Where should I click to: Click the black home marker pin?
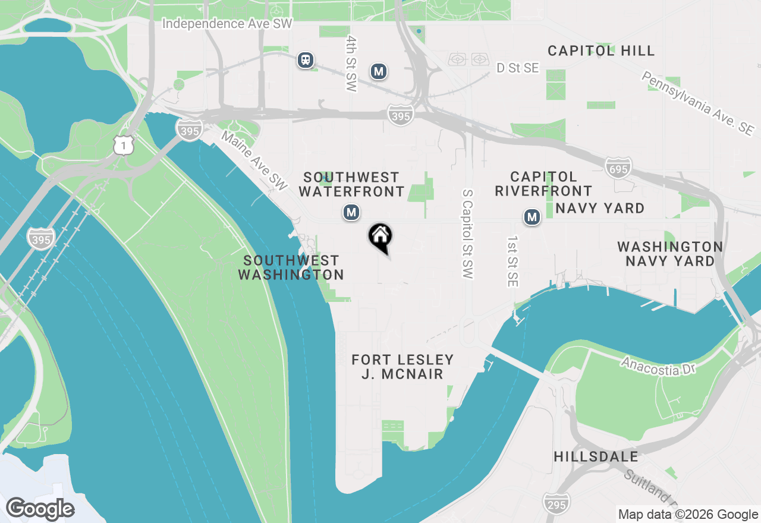[x=380, y=237]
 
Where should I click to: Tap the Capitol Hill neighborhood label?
[x=601, y=51]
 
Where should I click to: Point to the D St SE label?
[x=518, y=68]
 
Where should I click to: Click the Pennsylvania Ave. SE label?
[x=696, y=104]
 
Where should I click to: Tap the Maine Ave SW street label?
[x=254, y=161]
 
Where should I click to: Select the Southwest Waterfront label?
[x=351, y=184]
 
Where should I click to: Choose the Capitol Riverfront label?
[x=543, y=184]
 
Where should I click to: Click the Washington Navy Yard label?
[x=670, y=254]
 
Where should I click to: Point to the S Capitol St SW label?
[x=467, y=235]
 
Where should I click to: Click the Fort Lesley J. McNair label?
[x=402, y=367]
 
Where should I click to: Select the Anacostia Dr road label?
[x=658, y=366]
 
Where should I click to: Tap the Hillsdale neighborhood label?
[x=596, y=456]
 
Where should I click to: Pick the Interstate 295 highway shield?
[x=556, y=503]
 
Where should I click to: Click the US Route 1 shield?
[x=124, y=144]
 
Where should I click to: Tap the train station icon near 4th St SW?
[x=306, y=60]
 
